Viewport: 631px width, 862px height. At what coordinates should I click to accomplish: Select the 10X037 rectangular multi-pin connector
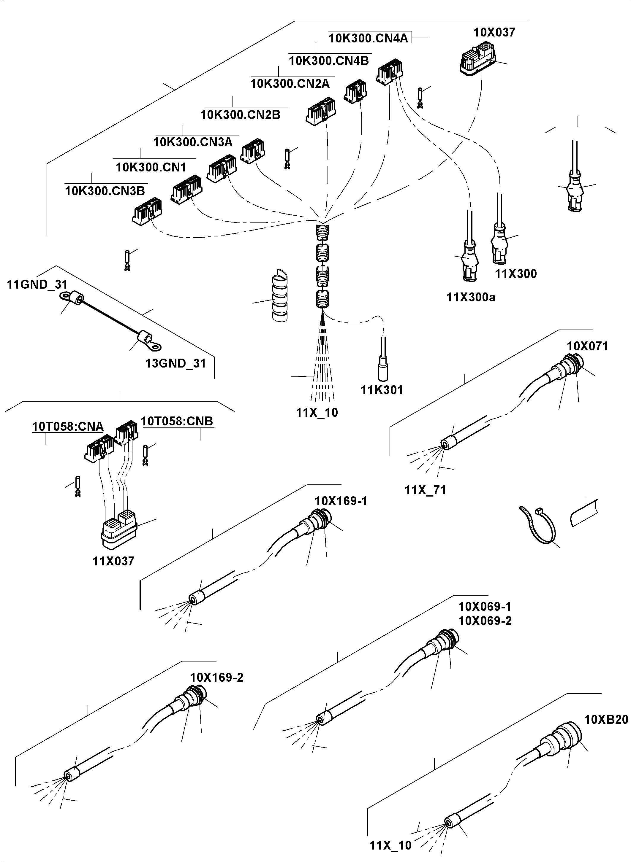(x=477, y=61)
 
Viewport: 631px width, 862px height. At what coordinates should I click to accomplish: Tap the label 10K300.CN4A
(x=368, y=38)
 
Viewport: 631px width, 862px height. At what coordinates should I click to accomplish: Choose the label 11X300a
(x=471, y=297)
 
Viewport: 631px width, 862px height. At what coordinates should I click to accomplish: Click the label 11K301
(x=382, y=390)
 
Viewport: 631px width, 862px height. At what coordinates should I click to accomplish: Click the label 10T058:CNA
(x=68, y=426)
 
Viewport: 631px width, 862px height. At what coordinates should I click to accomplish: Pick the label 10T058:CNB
(x=177, y=421)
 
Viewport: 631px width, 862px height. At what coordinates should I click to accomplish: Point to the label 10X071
(x=587, y=346)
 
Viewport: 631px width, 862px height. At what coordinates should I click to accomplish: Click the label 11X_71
(x=425, y=490)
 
